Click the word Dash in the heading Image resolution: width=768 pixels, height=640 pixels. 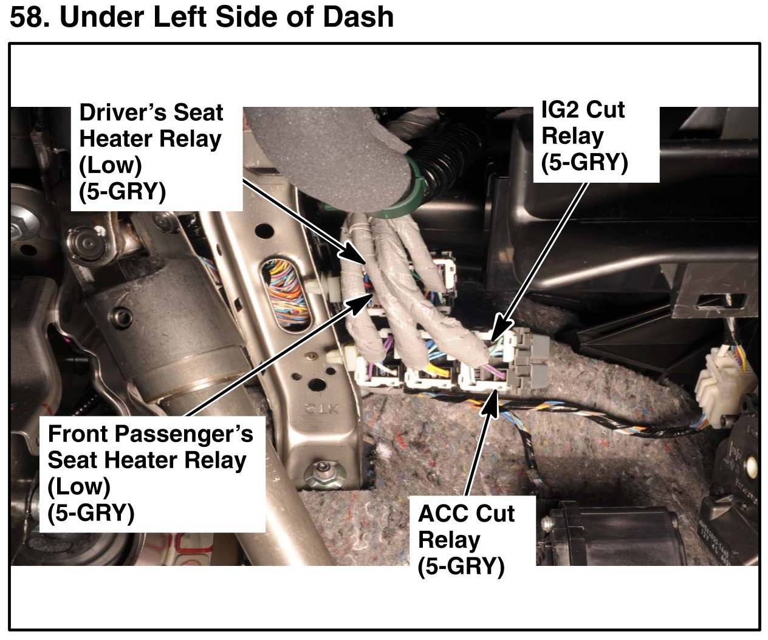(x=358, y=17)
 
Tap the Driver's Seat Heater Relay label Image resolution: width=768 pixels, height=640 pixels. (x=151, y=152)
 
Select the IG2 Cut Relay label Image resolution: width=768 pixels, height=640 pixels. (x=585, y=137)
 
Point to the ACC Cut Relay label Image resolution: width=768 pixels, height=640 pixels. (x=466, y=540)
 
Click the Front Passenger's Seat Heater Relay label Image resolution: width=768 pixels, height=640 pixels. (x=150, y=474)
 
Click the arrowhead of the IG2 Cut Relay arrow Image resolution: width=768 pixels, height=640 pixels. (x=500, y=329)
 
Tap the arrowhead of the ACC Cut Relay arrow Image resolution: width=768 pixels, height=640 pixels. (x=492, y=403)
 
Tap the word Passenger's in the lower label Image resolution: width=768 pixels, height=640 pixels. (x=180, y=435)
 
